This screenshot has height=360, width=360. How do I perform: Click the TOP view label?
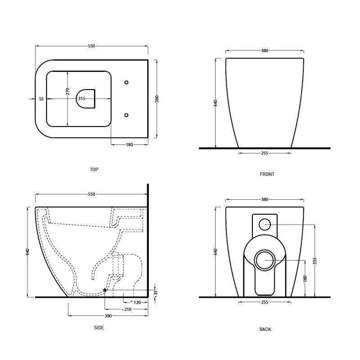point(94,170)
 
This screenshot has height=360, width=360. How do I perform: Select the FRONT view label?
point(267,174)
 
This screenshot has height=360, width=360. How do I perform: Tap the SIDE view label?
point(99,328)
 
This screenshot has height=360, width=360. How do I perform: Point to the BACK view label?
point(265,329)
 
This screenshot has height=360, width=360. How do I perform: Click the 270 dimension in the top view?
point(67,91)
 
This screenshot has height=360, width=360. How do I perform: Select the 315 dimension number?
point(81,99)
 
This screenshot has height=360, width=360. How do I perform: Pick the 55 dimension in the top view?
point(41,99)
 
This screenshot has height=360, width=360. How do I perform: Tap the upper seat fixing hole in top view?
point(126,82)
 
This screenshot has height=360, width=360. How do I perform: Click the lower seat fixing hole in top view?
point(126,115)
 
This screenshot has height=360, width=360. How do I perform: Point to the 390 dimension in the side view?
point(108,316)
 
